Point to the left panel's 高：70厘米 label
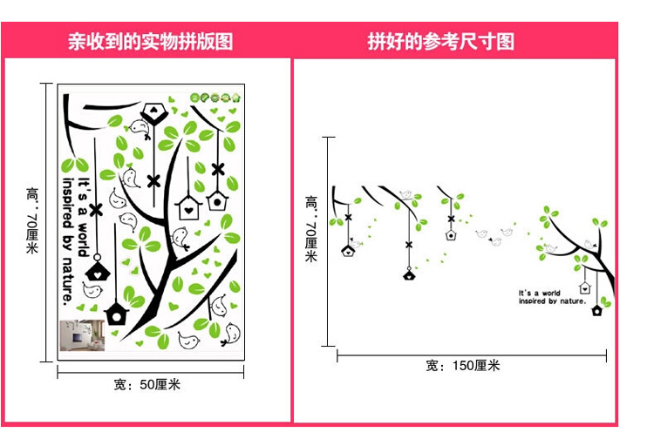point(32,222)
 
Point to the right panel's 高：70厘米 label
point(311,228)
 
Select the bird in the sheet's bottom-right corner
point(234,333)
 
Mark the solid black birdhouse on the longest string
point(408,275)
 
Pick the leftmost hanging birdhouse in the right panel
point(348,251)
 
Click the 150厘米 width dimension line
point(476,355)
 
